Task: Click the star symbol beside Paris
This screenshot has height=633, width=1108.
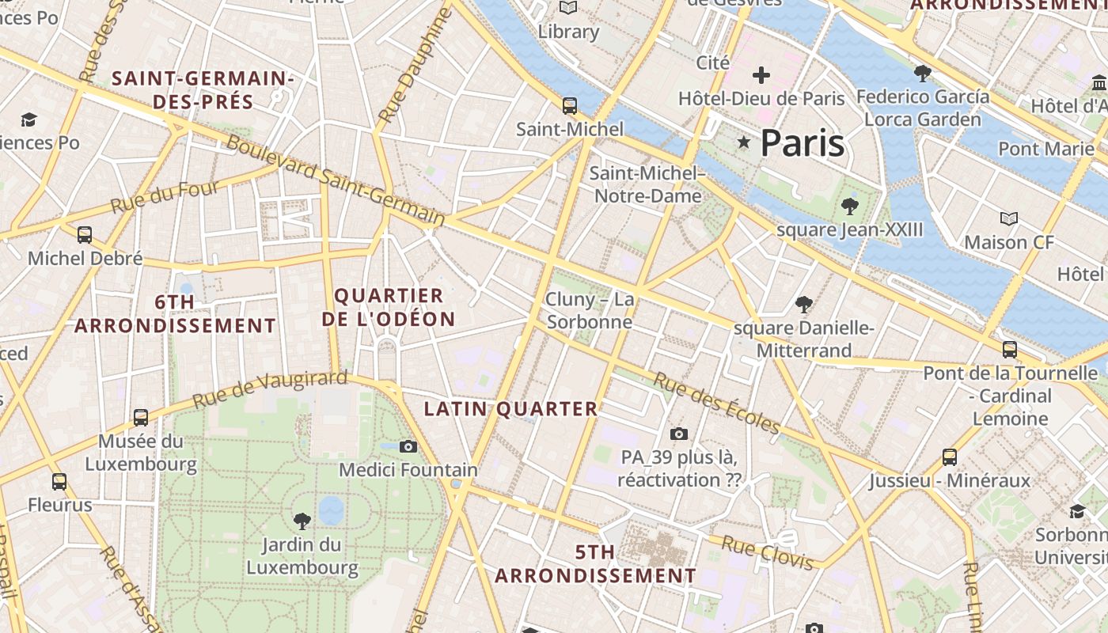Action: pos(743,142)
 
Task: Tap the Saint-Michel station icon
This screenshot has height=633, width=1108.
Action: pos(569,105)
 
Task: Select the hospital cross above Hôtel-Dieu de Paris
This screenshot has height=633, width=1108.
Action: pos(761,75)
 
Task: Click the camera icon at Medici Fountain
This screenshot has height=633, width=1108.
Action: pos(408,446)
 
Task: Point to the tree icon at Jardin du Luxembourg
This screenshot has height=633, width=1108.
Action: pos(302,520)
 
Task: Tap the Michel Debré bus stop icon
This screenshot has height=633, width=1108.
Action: pos(85,234)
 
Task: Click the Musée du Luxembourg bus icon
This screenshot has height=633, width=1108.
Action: pos(141,416)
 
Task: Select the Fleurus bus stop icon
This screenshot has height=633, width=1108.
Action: pos(59,481)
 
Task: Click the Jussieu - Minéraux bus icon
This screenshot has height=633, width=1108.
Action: pos(950,457)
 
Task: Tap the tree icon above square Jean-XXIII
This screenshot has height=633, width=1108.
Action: pos(850,207)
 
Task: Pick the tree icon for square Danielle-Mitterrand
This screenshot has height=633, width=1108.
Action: pos(804,304)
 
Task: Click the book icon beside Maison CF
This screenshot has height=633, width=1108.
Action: pos(1009,218)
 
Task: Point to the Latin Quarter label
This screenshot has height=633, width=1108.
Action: pos(511,409)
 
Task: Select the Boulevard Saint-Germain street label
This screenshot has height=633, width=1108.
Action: pos(336,180)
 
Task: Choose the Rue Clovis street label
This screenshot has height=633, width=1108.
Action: pos(767,552)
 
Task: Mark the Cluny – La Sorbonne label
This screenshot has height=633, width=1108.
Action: pos(590,310)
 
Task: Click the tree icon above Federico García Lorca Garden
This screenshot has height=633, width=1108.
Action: pos(922,74)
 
